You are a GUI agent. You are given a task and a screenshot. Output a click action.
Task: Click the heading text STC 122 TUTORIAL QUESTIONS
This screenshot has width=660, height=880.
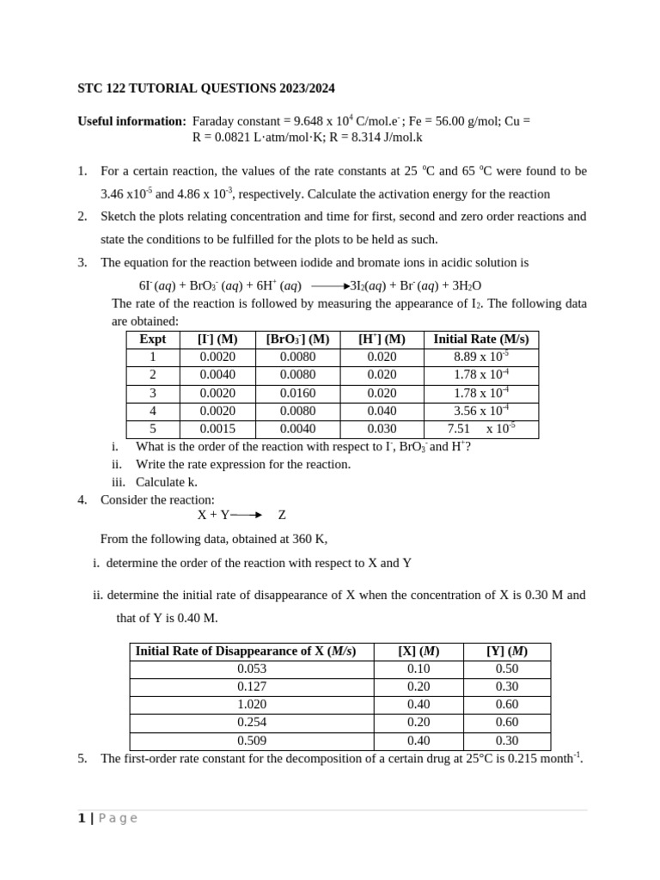point(206,89)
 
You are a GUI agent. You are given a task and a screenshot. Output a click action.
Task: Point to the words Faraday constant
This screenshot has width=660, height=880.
point(236,121)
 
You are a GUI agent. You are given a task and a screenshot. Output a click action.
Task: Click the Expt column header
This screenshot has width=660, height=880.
point(152,339)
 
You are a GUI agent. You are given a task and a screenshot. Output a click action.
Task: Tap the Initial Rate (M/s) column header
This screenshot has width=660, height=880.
point(480,339)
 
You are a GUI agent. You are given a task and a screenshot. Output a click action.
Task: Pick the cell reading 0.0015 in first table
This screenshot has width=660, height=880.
point(217,429)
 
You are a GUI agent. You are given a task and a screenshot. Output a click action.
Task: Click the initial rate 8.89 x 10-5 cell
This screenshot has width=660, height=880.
point(480,357)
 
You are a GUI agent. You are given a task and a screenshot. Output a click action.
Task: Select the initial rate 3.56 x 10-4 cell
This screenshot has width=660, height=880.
point(480,411)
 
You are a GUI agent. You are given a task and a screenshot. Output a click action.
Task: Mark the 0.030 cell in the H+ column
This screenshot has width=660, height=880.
point(382,429)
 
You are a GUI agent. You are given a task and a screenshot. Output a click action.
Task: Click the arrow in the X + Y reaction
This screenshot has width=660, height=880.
point(246,515)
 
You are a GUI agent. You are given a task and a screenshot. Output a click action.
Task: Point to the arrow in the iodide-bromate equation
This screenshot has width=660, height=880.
point(331,285)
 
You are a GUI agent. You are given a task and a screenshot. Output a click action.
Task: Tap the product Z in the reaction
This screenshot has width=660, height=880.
point(282,515)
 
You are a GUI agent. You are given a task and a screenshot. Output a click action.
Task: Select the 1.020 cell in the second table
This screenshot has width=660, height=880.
point(252,705)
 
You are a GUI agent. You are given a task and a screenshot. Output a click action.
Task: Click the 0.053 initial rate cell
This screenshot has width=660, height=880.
point(252,669)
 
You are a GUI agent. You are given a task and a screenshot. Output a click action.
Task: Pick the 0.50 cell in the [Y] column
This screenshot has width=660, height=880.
point(507,669)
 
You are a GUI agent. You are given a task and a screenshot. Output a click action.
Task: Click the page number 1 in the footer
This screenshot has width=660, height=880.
point(82,818)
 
